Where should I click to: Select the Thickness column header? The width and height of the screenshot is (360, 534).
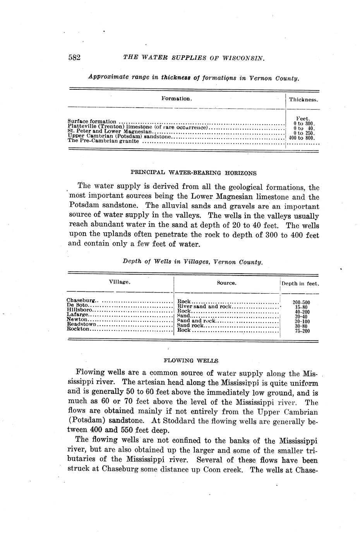303,99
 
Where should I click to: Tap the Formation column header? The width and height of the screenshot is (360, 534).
177,98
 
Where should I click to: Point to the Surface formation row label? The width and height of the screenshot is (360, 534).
92,121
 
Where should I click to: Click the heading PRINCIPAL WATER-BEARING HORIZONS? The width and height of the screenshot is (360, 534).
194,173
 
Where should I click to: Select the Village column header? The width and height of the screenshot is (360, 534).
120,282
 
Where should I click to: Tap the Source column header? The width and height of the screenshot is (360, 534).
226,283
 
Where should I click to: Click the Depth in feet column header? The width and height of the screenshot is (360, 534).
300,283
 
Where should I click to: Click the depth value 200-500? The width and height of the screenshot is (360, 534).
301,303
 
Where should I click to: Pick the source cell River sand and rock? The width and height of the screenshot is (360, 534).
204,306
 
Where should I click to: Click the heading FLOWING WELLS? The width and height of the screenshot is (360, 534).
191,361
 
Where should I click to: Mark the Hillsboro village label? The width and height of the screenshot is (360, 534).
80,310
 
